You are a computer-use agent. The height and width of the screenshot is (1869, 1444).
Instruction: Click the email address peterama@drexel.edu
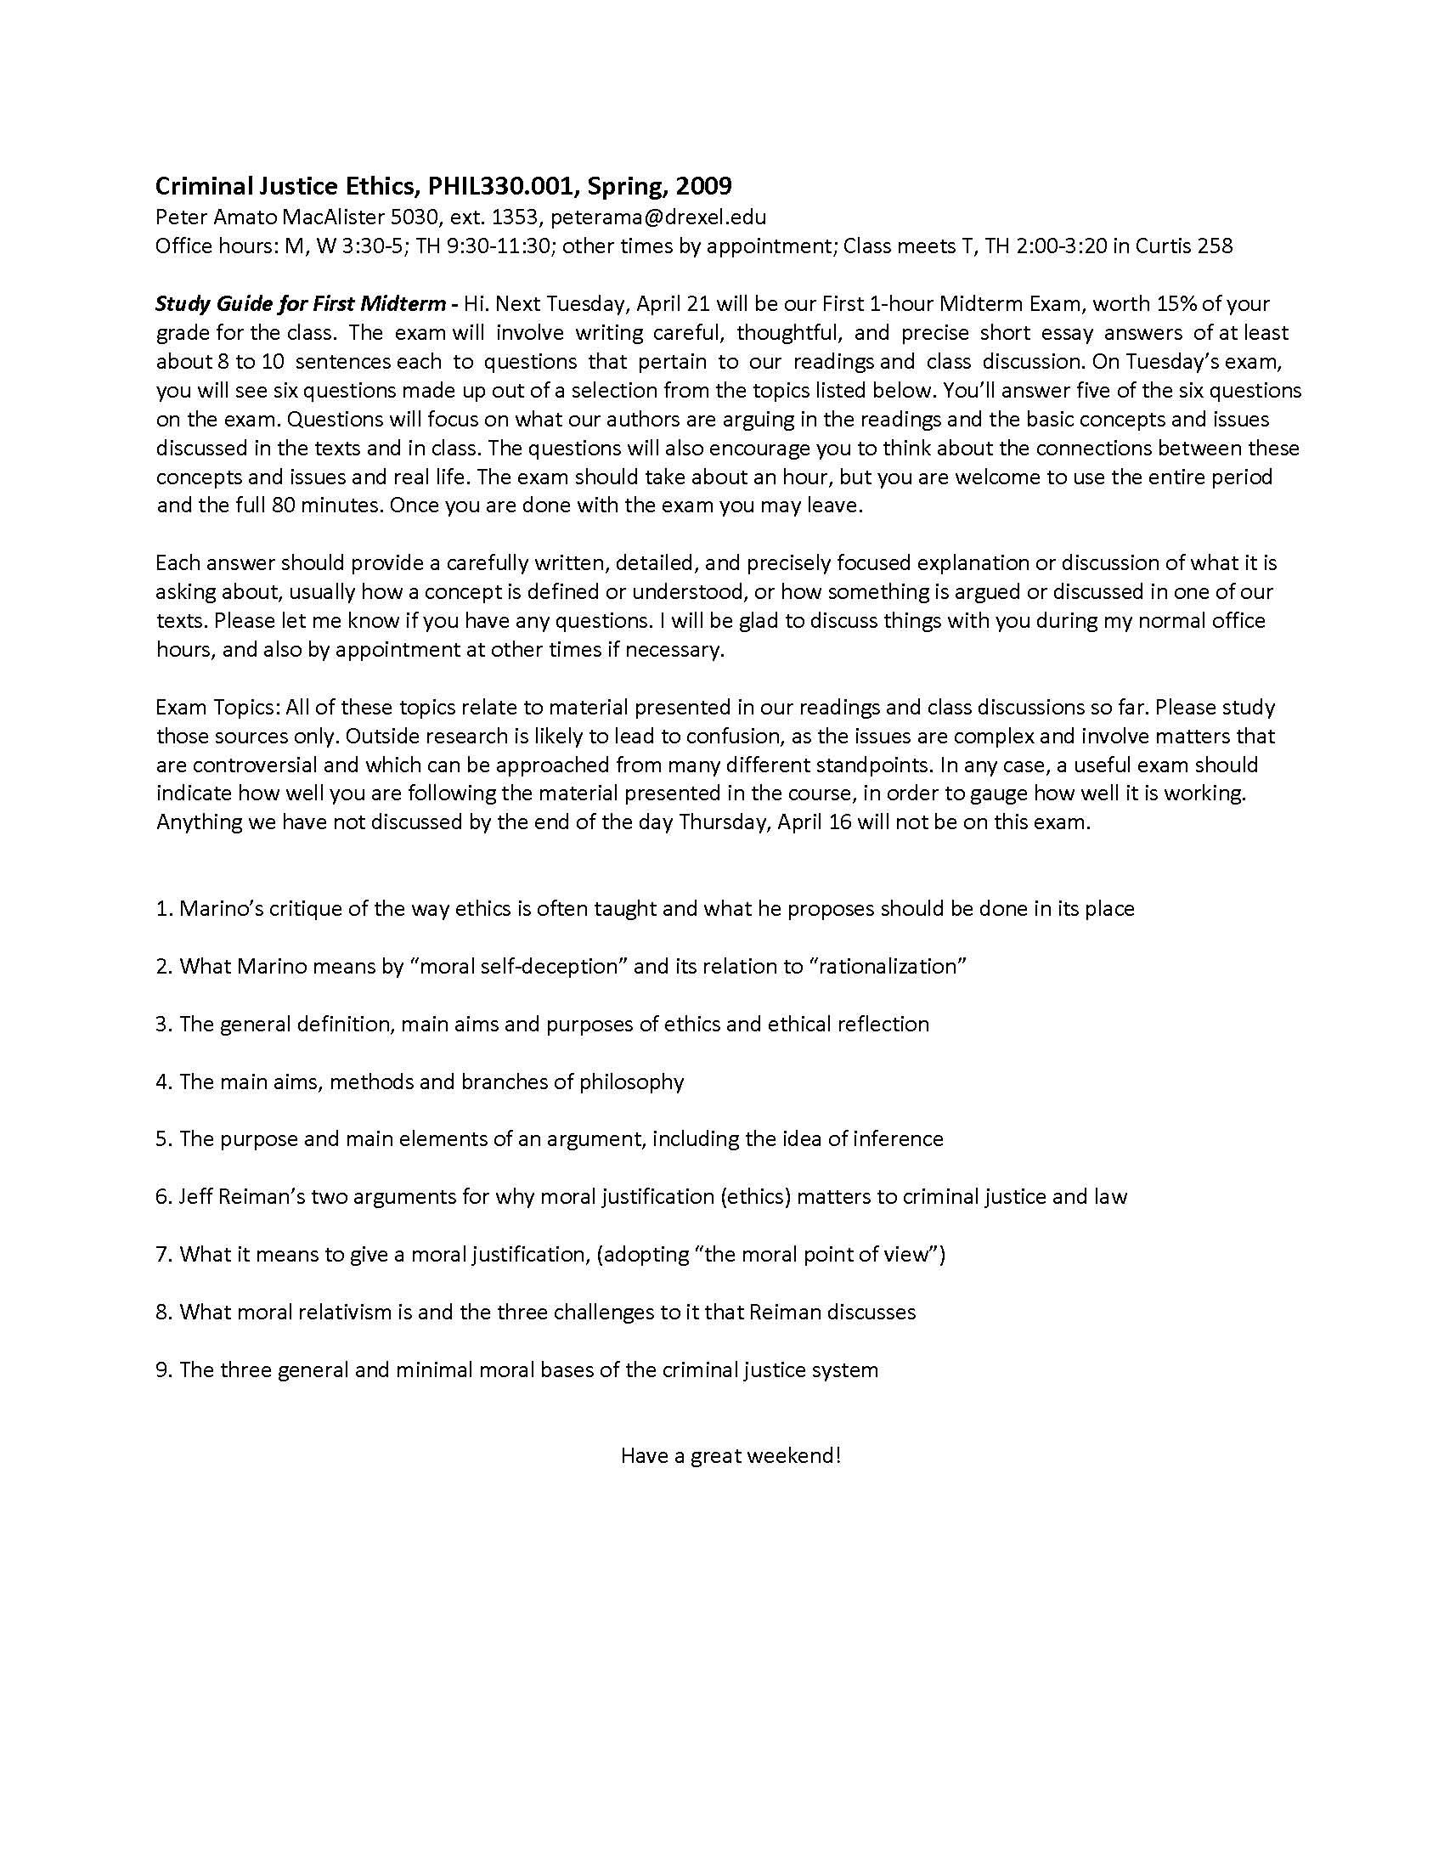coord(657,217)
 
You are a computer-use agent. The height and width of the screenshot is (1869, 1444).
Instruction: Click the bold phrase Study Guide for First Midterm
coord(300,304)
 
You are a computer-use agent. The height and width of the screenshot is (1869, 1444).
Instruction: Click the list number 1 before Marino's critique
coord(162,909)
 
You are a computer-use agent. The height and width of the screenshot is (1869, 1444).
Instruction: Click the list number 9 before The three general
coord(162,1369)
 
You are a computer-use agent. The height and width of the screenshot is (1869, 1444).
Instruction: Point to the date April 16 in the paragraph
coord(816,822)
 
